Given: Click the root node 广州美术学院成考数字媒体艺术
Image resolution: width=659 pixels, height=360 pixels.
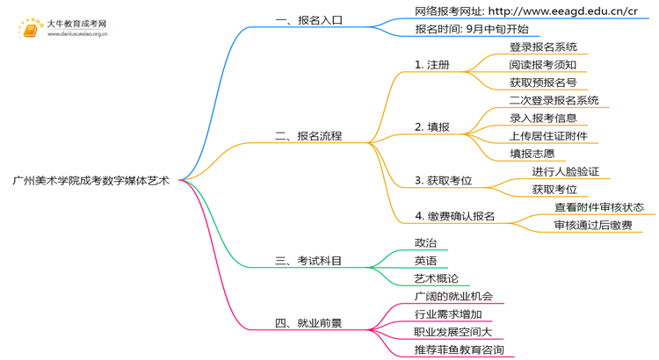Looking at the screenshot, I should pos(91,180).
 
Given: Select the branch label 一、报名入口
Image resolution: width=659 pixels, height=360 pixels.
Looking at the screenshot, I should pos(308,20).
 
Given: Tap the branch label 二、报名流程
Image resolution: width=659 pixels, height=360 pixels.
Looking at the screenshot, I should pos(308,136).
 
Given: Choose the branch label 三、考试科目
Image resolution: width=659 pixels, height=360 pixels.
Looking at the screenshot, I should pos(308,261).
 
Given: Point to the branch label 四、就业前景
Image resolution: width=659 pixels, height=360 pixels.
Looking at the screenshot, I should pos(308,323).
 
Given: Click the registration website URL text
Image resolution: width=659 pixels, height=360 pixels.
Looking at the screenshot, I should pos(526,11).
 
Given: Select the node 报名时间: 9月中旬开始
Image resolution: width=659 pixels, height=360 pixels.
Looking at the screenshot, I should pos(472,29).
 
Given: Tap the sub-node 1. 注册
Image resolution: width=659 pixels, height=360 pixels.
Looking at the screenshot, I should pos(432,65).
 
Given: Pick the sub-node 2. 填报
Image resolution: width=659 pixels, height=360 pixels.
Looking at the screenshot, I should pos(432,127).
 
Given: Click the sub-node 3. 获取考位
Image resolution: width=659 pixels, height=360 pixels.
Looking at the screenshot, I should pos(444,181).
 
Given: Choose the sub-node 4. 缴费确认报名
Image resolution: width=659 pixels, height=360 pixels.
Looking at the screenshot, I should pos(455,216).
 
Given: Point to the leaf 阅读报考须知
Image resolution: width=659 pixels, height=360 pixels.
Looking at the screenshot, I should pos(543,65).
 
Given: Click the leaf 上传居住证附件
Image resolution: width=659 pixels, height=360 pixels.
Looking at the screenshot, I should pos(548,136).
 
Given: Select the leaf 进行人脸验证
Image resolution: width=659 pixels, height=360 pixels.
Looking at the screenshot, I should pos(566,172).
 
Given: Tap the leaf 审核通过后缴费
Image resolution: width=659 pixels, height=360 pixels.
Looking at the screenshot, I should pos(593,226).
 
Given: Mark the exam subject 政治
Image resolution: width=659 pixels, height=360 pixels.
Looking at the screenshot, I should pos(425,243).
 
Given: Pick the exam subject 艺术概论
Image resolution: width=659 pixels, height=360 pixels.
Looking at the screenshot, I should pos(437,278).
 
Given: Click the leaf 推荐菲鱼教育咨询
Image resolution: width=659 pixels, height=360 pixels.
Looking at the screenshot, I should pos(460,350).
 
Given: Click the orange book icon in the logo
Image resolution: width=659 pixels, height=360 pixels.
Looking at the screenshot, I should pos(31,29).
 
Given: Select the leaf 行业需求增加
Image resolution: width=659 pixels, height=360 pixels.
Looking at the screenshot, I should pos(448,314).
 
